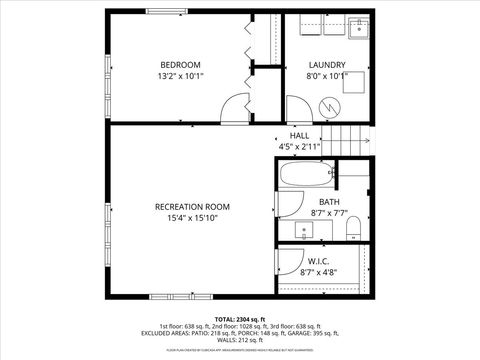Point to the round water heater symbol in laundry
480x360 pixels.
(328, 105)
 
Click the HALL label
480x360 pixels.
(299, 135)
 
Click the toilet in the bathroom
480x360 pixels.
(352, 231)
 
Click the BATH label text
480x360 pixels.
(330, 201)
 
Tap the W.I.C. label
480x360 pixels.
(320, 260)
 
